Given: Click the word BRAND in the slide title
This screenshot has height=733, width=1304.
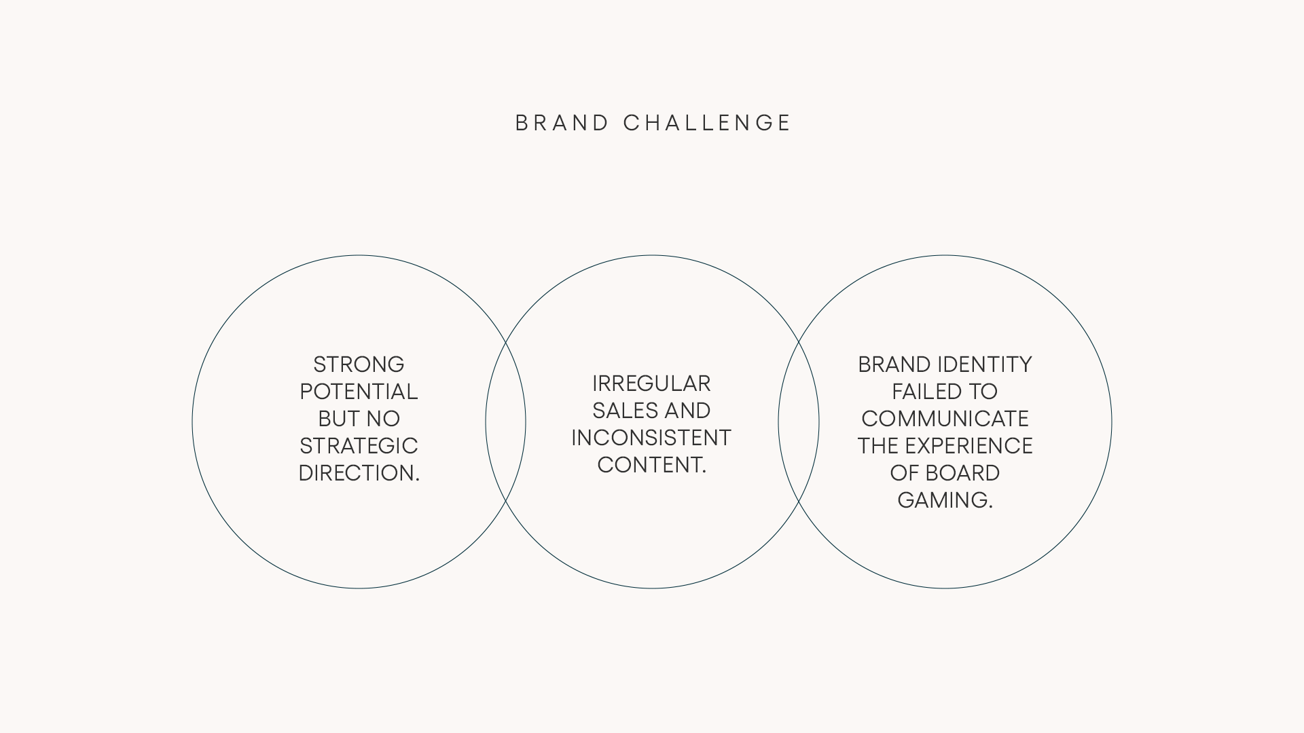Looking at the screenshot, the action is pyautogui.click(x=562, y=123).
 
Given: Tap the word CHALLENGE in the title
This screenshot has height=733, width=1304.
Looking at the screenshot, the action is pyautogui.click(x=707, y=123).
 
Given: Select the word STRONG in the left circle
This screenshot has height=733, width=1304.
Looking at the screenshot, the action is pyautogui.click(x=359, y=364).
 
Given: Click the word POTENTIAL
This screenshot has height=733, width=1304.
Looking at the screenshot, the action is pyautogui.click(x=359, y=392).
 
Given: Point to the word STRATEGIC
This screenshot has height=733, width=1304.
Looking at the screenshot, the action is pyautogui.click(x=359, y=446).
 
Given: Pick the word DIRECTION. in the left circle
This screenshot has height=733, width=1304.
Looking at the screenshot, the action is pyautogui.click(x=359, y=473).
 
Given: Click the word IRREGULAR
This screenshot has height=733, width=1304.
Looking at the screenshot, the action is pyautogui.click(x=651, y=383).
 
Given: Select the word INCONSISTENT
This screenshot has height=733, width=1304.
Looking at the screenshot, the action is pyautogui.click(x=651, y=438).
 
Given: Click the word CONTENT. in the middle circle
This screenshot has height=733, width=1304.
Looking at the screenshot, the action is pyautogui.click(x=651, y=465).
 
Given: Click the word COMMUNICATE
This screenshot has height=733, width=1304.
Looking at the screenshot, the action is pyautogui.click(x=945, y=419).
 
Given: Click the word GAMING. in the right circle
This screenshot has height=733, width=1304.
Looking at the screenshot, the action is pyautogui.click(x=945, y=500).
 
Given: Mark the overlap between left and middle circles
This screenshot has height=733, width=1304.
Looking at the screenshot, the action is pyautogui.click(x=505, y=421).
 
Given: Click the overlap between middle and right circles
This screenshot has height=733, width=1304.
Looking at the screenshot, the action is pyautogui.click(x=799, y=421).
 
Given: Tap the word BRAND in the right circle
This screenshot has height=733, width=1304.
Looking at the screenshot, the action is pyautogui.click(x=894, y=364).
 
